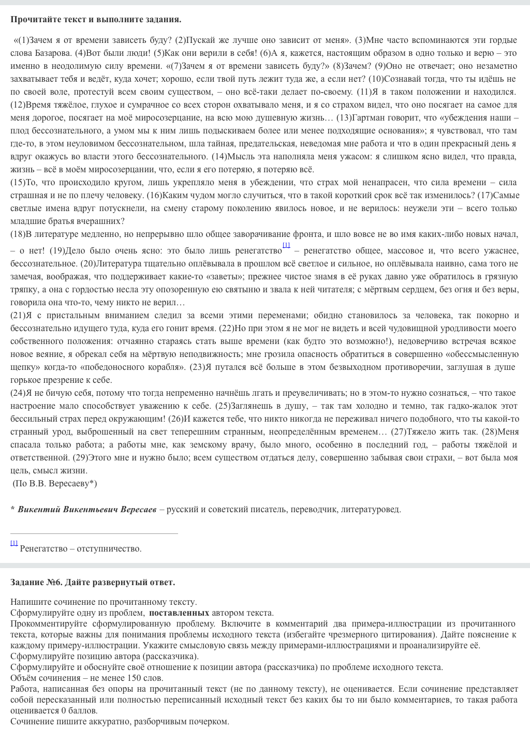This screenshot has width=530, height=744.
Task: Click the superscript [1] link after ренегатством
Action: (286, 245)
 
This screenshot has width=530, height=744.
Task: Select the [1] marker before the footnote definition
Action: (14, 543)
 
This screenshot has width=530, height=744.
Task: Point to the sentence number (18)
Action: (18, 234)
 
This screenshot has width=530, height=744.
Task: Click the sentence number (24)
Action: (18, 393)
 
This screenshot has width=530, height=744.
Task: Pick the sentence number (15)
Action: (18, 182)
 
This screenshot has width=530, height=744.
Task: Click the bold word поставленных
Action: (179, 613)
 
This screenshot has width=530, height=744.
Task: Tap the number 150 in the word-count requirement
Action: (134, 678)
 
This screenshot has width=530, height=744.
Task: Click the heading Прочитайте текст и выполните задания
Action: (96, 20)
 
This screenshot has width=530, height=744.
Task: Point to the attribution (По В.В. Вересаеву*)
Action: (55, 483)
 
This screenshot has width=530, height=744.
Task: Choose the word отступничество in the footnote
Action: (108, 548)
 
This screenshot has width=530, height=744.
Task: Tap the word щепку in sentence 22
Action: (22, 367)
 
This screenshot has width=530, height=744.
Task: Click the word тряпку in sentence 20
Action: (23, 289)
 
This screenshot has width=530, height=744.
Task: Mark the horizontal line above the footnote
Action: (94, 533)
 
